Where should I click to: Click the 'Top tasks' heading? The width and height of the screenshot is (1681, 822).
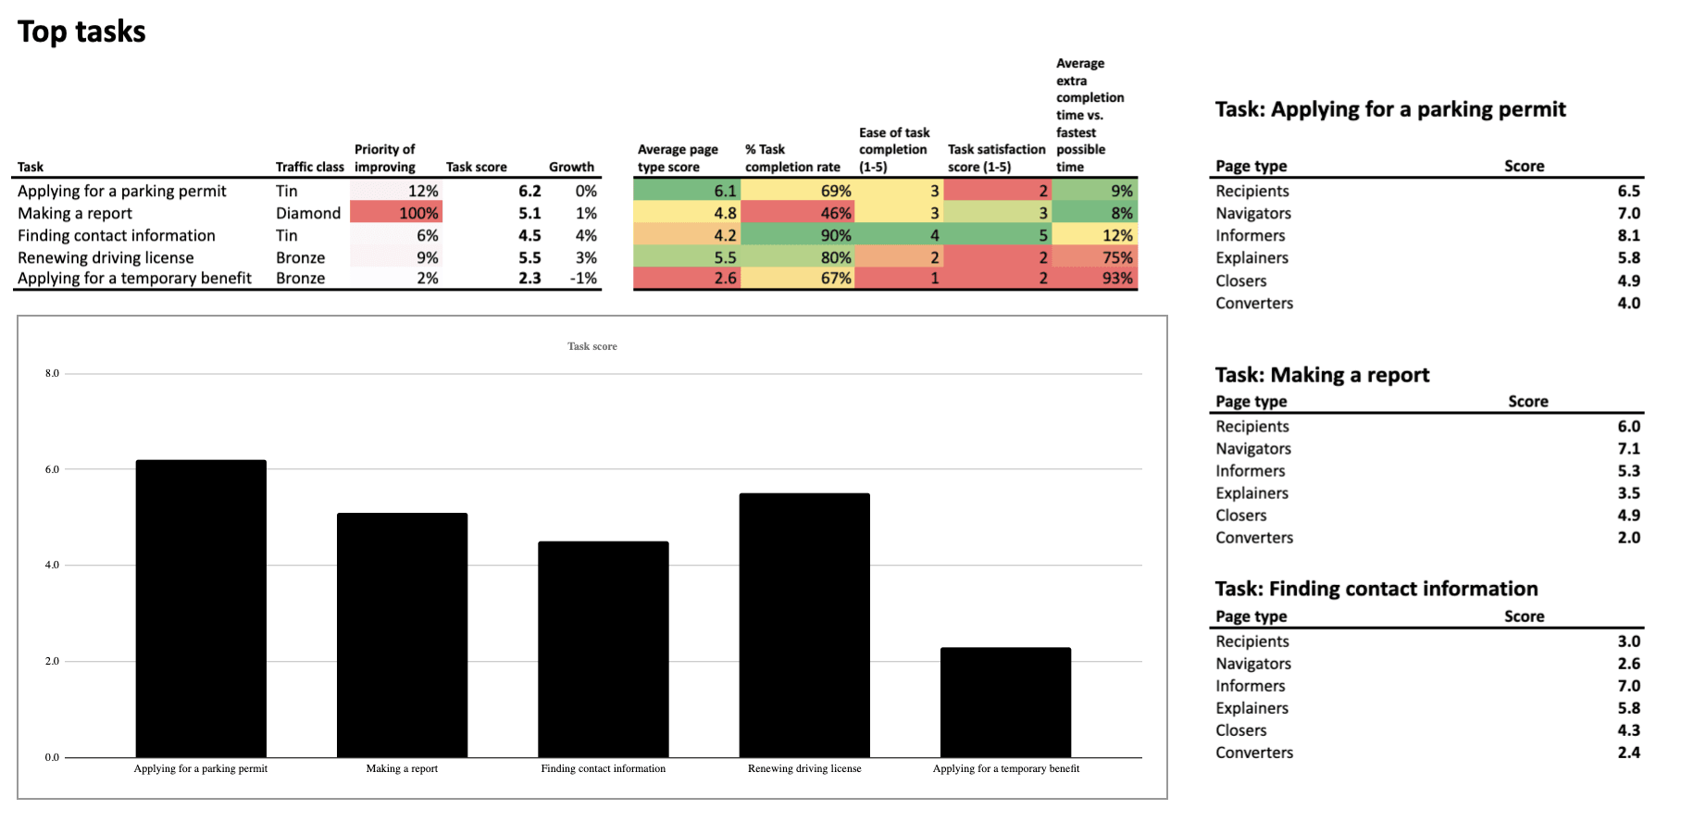(81, 31)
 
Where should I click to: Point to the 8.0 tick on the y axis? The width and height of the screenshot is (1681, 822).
(52, 374)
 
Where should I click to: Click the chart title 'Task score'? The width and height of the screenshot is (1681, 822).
(591, 346)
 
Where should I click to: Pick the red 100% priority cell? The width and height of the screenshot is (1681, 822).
(396, 213)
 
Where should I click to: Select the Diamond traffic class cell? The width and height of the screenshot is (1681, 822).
(308, 213)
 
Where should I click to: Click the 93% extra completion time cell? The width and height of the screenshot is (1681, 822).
(1095, 278)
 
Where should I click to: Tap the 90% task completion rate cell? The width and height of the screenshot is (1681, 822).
(798, 235)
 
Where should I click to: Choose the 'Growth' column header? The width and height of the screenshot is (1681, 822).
(571, 167)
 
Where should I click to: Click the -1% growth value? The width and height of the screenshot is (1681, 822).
(583, 278)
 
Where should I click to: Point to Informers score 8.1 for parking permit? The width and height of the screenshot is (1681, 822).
(1628, 235)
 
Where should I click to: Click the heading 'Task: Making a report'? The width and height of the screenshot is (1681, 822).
(1322, 375)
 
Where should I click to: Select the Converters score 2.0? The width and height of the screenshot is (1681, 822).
(1628, 538)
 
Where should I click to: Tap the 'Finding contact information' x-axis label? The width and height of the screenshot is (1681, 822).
(603, 768)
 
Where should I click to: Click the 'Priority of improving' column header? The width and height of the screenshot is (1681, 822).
(384, 157)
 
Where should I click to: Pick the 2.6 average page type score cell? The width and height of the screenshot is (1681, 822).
(686, 278)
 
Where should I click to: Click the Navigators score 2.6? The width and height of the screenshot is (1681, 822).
(1628, 664)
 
